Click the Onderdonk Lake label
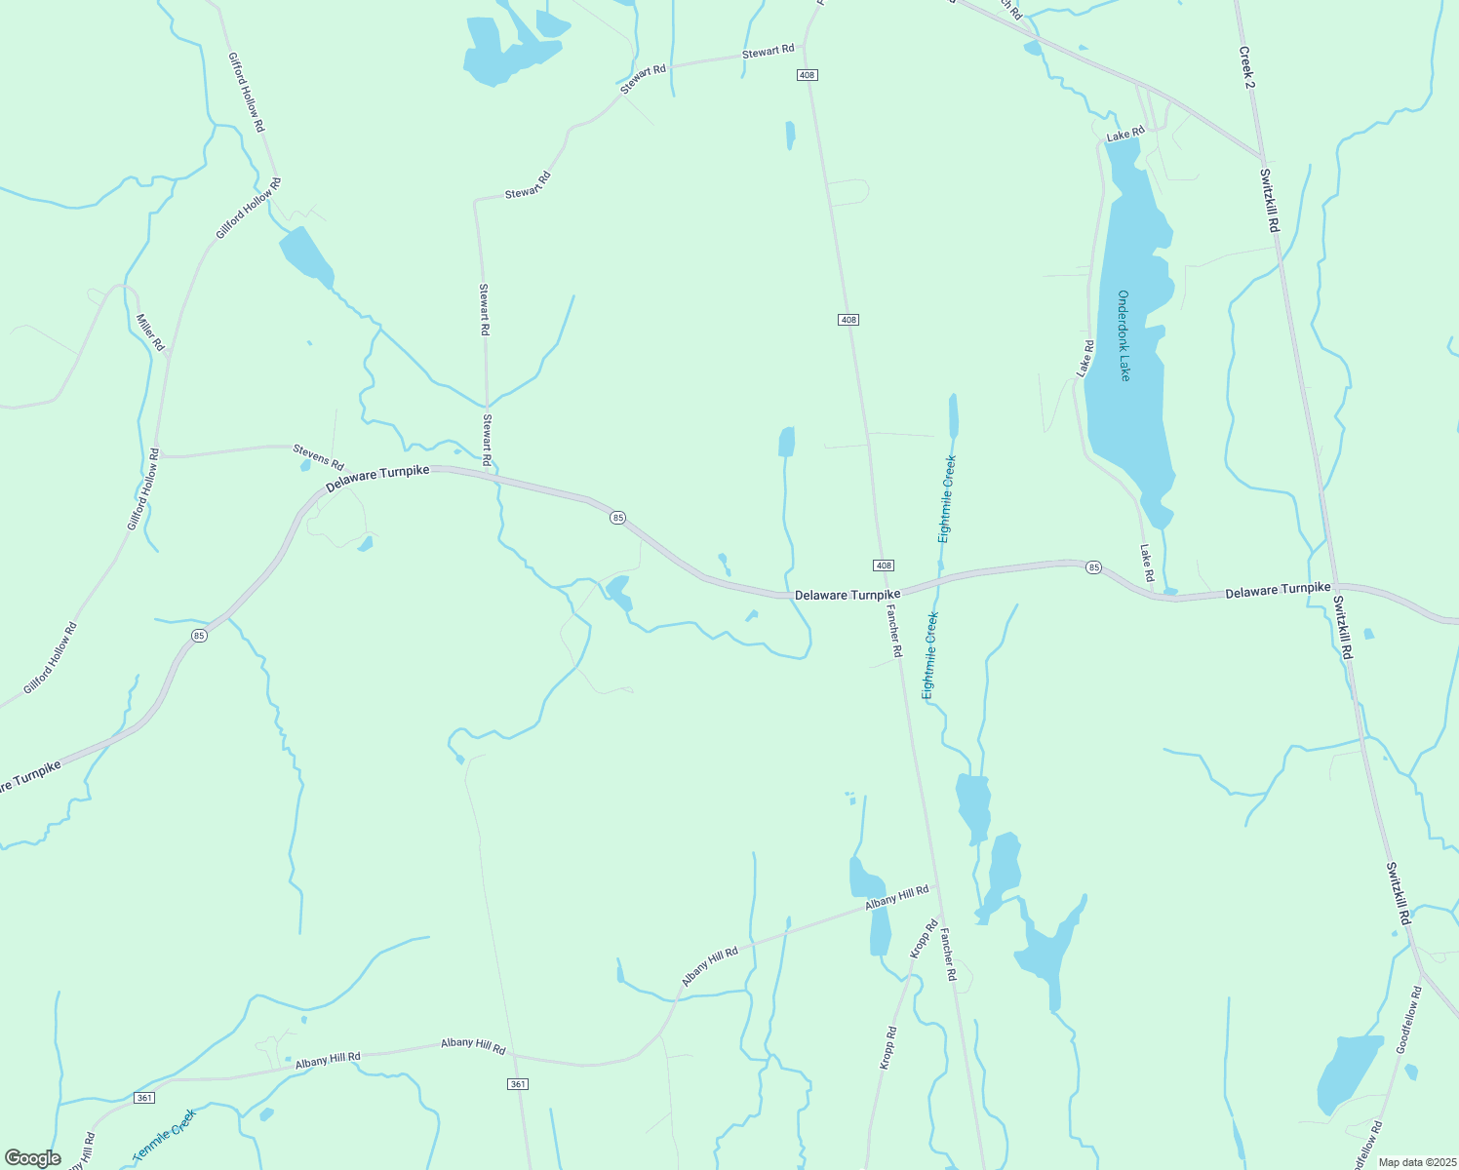pos(1124,335)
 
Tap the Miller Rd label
pos(150,332)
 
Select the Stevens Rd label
pos(319,456)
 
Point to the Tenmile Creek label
pos(165,1134)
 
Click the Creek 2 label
pos(1246,67)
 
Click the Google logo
pos(32,1158)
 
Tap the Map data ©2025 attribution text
pos(1416,1162)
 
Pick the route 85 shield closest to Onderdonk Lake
pos(1093,567)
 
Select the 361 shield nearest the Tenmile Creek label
pos(144,1098)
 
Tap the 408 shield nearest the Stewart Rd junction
pos(806,75)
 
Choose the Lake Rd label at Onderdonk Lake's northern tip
pos(1124,133)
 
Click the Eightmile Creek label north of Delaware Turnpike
pos(946,498)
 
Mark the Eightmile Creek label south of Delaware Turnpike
pos(930,655)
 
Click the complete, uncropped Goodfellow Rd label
pos(1409,1019)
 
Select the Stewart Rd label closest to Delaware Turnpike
pos(486,438)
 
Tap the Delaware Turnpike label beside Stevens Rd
pos(377,478)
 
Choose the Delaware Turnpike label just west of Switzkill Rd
pos(1278,591)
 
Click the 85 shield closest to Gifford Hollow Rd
pos(199,636)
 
